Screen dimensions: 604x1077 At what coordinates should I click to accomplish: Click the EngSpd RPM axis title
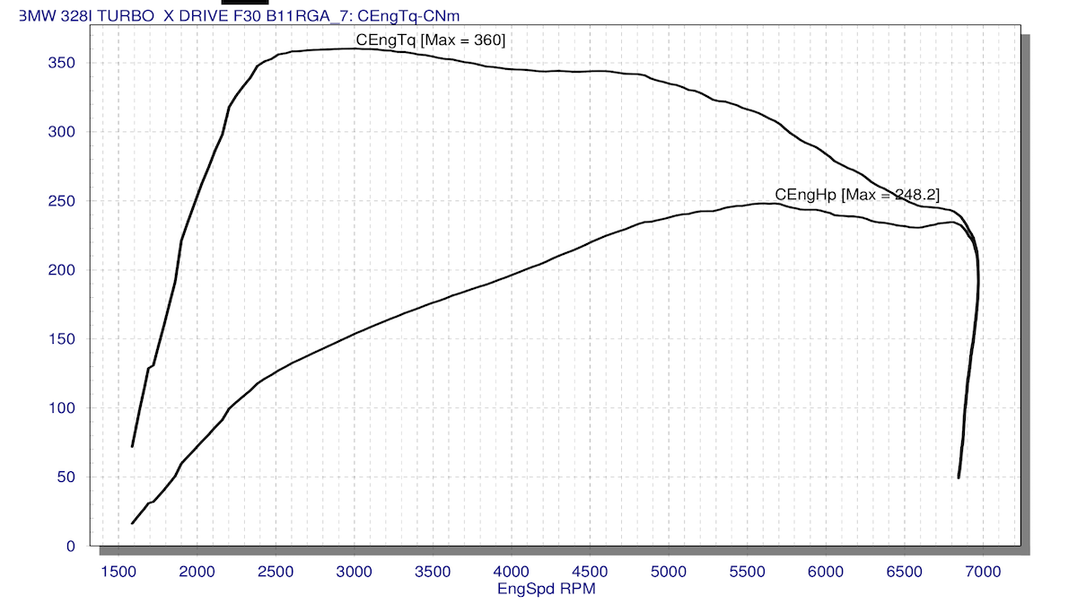point(546,590)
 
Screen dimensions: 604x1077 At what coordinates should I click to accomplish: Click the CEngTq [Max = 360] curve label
point(431,39)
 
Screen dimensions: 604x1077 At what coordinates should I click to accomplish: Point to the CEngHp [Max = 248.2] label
point(857,195)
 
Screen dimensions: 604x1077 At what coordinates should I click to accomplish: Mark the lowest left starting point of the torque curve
point(133,446)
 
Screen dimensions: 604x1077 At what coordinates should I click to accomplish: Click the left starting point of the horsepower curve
point(133,522)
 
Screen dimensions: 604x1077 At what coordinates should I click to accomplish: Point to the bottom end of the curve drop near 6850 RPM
point(959,477)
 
